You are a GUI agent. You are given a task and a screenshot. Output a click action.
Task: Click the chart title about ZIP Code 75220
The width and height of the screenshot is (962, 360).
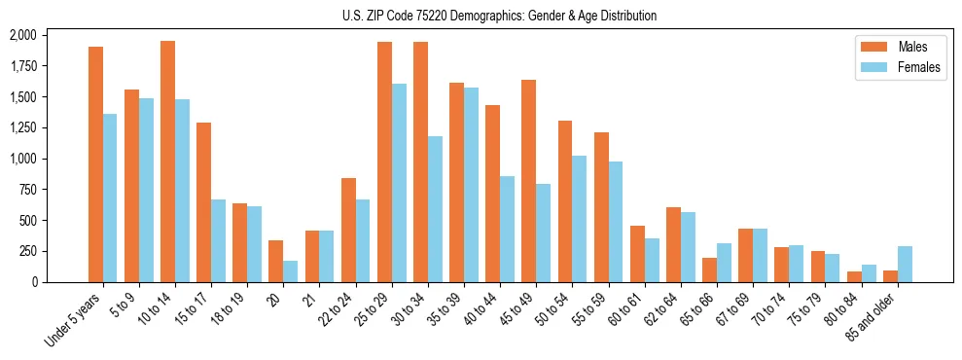499,16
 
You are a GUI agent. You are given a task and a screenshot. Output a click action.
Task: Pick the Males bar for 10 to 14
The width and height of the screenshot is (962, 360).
167,161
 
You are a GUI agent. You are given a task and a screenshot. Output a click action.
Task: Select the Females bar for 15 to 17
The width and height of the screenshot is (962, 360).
218,240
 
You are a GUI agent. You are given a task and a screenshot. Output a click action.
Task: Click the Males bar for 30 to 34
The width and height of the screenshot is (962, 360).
420,162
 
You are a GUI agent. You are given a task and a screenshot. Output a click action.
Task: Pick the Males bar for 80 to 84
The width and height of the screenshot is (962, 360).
854,276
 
